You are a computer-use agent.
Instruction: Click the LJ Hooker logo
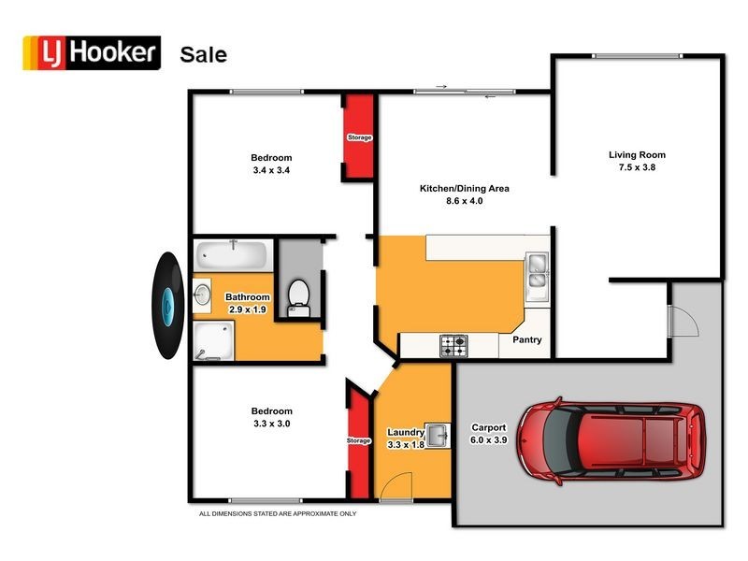(x=91, y=53)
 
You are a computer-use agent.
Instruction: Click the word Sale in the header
(x=203, y=54)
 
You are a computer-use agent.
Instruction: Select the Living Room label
(x=637, y=155)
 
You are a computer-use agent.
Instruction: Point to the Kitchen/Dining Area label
(x=464, y=188)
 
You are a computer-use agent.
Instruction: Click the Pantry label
(x=526, y=339)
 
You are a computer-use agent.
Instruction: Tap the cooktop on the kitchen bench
(x=454, y=346)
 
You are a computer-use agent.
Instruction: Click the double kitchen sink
(x=537, y=271)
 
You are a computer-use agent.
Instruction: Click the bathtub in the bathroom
(x=233, y=254)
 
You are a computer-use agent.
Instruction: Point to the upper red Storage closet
(x=359, y=137)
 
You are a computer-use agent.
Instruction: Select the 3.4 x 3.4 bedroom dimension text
(x=271, y=170)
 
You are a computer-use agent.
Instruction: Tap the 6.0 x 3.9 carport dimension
(x=488, y=439)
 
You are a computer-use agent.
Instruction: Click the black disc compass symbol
(x=166, y=305)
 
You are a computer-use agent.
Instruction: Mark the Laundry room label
(x=406, y=432)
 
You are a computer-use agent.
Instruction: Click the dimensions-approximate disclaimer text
(x=278, y=513)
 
